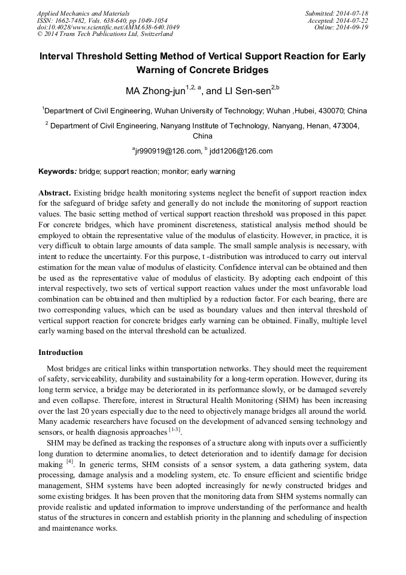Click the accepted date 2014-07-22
[x=353, y=20]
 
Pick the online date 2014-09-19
[x=353, y=27]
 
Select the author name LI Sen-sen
[x=246, y=92]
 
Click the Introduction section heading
[x=60, y=352]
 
